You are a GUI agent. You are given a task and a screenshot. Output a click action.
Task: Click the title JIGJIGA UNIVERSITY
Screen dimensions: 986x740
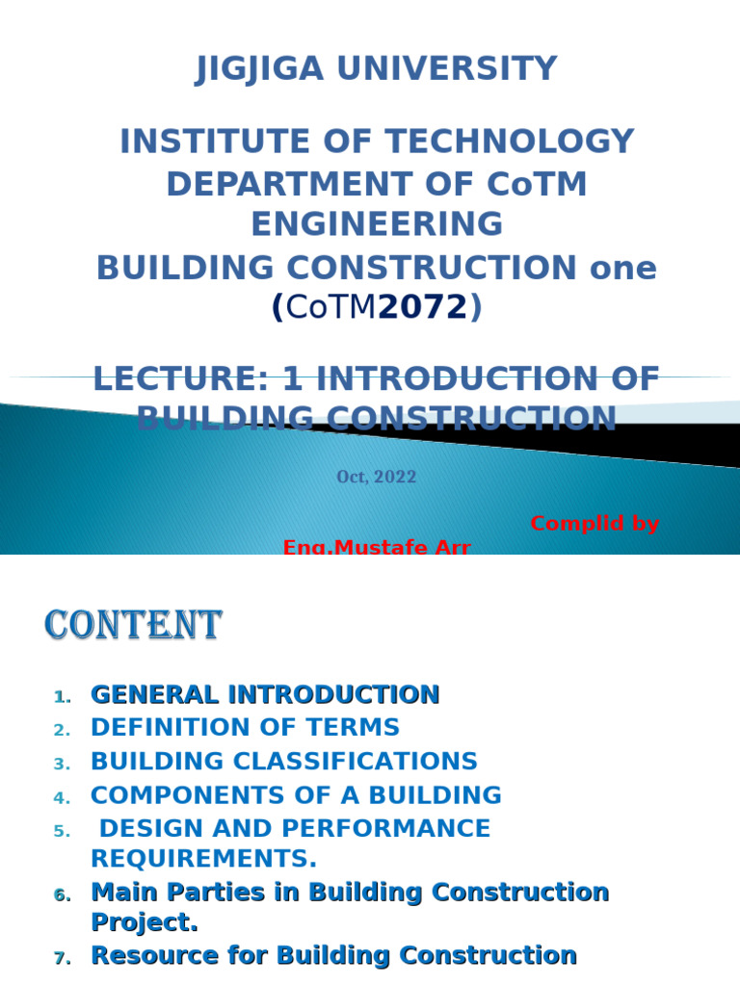coord(376,69)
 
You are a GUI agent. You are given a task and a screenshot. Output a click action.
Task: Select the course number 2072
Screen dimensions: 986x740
coord(422,307)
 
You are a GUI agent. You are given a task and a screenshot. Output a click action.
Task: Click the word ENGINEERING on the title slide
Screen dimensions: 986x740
coord(376,224)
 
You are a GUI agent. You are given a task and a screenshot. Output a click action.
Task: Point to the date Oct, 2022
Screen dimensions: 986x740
coord(376,477)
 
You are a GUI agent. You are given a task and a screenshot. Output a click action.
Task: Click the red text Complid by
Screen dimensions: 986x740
coord(595,524)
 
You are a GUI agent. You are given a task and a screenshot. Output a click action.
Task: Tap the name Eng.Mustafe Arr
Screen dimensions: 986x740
coord(376,548)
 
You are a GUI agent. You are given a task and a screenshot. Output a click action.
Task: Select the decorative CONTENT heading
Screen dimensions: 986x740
coord(133,626)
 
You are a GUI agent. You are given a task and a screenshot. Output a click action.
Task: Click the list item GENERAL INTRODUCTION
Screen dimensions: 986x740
coord(265,694)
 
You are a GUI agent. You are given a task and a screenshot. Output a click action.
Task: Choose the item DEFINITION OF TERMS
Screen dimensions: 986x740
coord(245,728)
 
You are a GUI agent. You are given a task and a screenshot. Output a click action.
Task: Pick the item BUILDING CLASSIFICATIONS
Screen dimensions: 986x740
coord(283,762)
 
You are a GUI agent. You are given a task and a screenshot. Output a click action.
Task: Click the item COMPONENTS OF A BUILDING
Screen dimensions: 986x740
coord(296,795)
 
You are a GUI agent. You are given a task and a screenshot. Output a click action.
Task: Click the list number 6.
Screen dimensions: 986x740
coord(62,895)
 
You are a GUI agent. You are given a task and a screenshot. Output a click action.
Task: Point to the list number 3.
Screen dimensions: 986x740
coord(62,765)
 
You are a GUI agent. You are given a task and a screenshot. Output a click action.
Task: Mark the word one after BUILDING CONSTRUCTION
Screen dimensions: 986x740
coord(622,268)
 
